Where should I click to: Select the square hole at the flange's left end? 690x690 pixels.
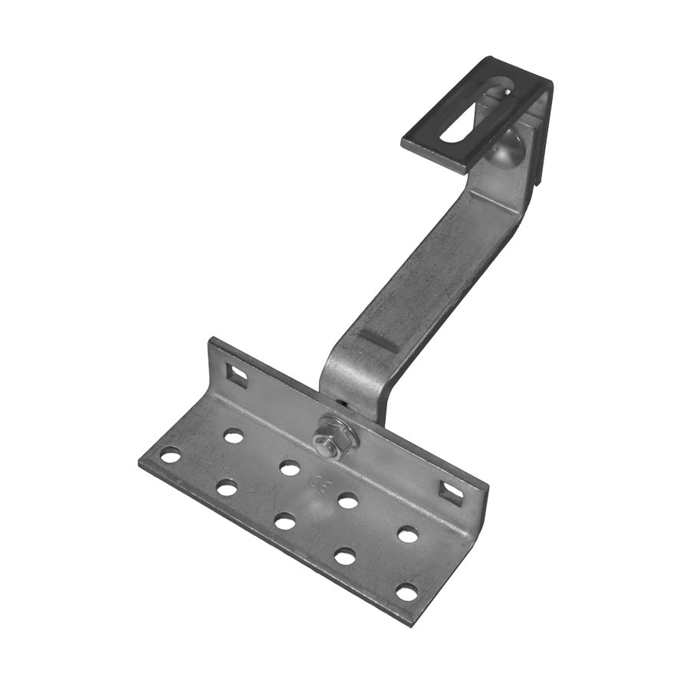coord(237,375)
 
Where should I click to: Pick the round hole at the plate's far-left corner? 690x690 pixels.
coord(170,455)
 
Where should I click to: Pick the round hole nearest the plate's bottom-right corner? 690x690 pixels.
coord(406,592)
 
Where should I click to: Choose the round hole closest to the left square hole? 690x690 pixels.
coord(233,436)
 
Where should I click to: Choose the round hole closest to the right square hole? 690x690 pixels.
coord(408,534)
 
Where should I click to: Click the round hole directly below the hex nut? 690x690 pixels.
coord(289,468)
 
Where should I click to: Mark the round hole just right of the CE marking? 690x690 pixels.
coord(347,501)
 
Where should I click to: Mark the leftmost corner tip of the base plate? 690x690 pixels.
coord(140,462)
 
